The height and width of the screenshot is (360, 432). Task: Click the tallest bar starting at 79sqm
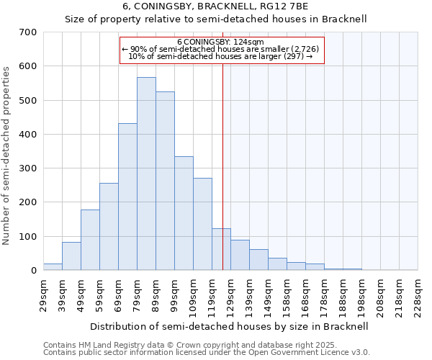click(x=146, y=174)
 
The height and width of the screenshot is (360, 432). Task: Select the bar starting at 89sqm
click(x=165, y=181)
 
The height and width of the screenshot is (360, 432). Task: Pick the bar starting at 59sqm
click(x=109, y=227)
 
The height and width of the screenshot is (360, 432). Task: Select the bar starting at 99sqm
click(x=184, y=213)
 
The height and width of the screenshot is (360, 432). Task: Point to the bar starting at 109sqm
click(x=202, y=224)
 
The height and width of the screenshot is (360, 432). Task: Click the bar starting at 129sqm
click(x=240, y=255)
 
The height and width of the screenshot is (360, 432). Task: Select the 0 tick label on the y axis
click(x=33, y=271)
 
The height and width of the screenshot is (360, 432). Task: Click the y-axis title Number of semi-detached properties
click(x=6, y=156)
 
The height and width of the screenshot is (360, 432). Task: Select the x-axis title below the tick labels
click(x=230, y=326)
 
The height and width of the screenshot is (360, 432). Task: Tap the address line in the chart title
click(x=215, y=6)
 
